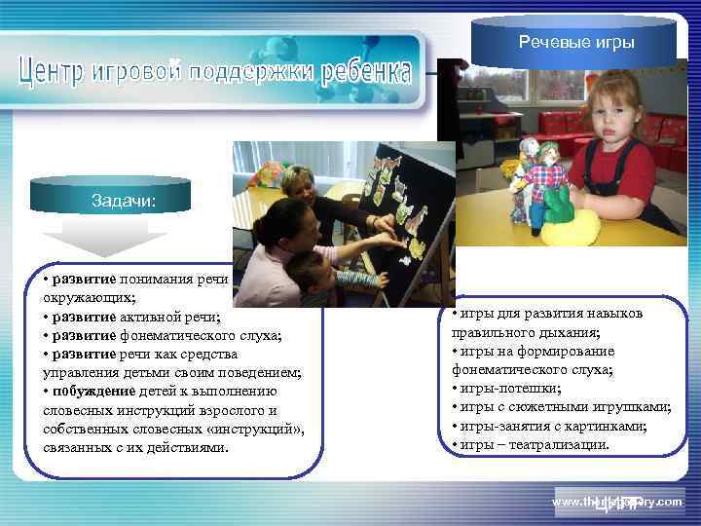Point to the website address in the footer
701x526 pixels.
pos(616,501)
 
